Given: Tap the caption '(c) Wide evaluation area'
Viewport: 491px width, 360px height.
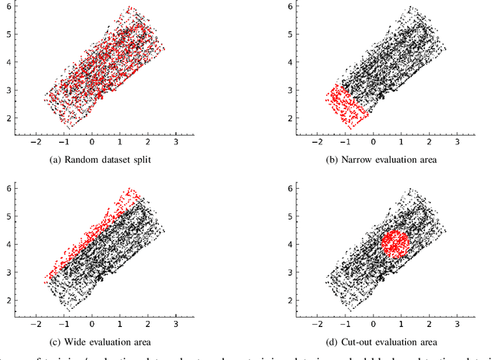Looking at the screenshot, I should coord(105,341).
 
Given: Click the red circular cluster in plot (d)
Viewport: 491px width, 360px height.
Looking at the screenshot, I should coord(394,245).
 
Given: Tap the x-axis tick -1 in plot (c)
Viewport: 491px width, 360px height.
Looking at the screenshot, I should coord(62,323).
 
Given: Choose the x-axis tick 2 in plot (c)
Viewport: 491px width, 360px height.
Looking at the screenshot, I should coord(147,323).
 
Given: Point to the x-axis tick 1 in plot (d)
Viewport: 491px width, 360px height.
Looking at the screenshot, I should coord(404,323).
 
